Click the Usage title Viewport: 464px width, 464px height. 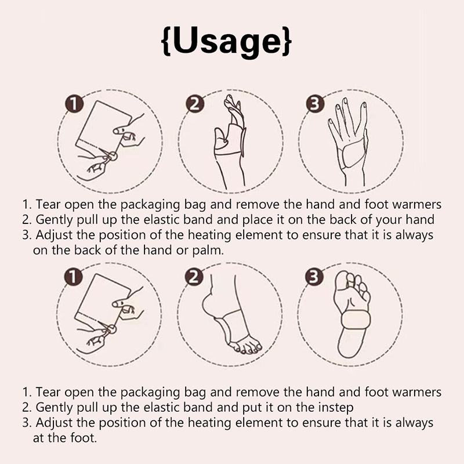[x=227, y=41]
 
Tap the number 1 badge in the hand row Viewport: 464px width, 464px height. [x=74, y=104]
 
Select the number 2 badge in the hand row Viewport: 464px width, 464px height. [x=195, y=104]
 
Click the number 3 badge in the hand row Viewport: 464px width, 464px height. [x=315, y=104]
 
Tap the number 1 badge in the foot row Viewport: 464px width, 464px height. [x=73, y=277]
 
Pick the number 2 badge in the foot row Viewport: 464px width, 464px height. [x=194, y=277]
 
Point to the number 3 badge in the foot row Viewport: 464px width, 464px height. [x=314, y=277]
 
